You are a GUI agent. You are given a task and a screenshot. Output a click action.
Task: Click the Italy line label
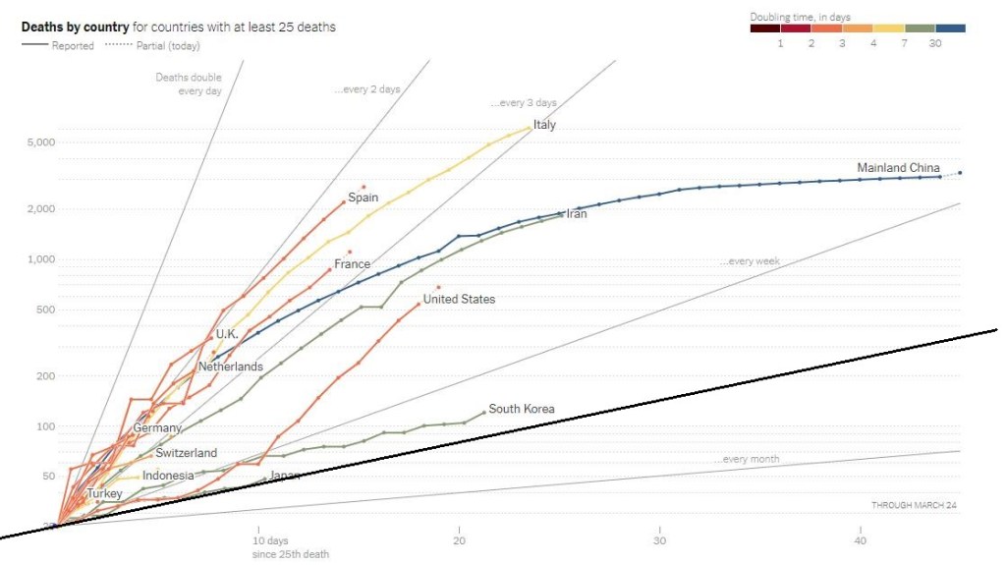(544, 125)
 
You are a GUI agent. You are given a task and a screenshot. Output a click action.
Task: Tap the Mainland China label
(898, 168)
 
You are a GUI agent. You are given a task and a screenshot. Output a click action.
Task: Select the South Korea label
(522, 409)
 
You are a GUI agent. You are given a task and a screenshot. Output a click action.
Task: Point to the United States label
(459, 299)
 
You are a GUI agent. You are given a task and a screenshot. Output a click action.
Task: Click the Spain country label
(363, 198)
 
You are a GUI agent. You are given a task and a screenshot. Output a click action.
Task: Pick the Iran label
(577, 213)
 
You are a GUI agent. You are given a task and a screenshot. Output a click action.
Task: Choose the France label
(352, 264)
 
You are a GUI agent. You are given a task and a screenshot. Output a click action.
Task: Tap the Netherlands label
(231, 367)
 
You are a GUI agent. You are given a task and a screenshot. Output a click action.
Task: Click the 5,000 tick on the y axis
(36, 143)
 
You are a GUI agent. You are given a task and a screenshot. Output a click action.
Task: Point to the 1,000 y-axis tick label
(36, 259)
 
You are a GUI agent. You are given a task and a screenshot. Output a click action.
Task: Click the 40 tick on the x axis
(861, 540)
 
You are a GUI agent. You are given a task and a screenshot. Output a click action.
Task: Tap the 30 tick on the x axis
(660, 540)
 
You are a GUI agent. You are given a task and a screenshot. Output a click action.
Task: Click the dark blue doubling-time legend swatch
(950, 28)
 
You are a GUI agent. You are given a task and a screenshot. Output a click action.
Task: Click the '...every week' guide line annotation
(750, 262)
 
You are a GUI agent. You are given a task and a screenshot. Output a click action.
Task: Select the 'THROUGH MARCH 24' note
(914, 505)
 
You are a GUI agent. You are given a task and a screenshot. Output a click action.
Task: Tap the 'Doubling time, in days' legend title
(800, 17)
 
